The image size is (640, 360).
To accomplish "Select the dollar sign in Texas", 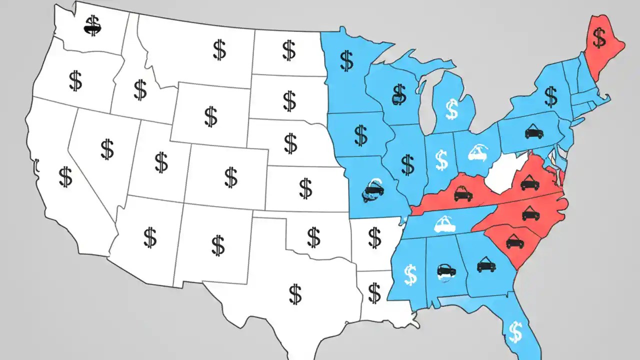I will coord(295,294).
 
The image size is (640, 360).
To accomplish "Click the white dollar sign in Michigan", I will coord(451,109).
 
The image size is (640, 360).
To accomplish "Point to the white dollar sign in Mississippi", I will coord(410,275).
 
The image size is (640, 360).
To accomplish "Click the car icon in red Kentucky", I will coord(463,193).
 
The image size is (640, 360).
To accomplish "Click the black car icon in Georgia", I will coord(486,265).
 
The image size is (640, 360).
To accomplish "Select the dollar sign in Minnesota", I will coord(346,60).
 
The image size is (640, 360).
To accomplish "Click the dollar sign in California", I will coord(65,177).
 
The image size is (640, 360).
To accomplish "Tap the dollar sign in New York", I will coord(550,96).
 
